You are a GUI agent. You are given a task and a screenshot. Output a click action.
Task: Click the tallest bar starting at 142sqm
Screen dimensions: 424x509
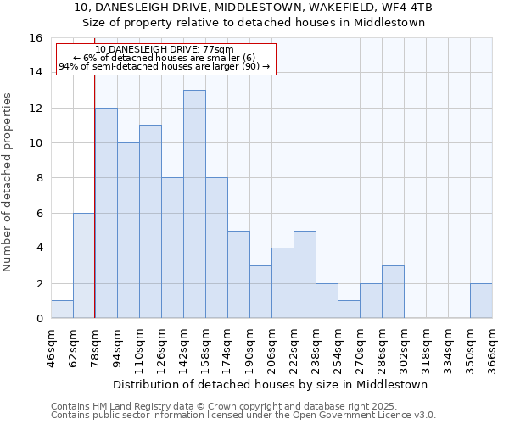coord(194,204)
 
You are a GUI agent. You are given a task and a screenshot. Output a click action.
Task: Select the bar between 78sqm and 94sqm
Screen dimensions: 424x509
coord(106,213)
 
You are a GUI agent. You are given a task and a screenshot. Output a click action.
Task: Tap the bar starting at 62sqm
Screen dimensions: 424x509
coord(84,265)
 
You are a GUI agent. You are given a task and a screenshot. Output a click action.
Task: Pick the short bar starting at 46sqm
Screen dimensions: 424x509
coord(62,310)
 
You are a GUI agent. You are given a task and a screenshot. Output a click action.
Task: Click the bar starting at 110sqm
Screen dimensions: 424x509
coord(150,221)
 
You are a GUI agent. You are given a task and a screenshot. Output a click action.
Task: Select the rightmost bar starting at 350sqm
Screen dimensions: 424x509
coord(481,301)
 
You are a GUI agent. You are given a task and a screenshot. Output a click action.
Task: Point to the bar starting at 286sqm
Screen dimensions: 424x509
coord(393,292)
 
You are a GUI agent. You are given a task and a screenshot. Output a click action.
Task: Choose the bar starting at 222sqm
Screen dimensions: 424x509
coord(305,274)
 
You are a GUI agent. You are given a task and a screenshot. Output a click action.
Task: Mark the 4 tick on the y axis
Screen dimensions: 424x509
coord(38,248)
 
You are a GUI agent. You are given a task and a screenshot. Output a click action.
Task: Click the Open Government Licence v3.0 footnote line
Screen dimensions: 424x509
coord(243,415)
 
